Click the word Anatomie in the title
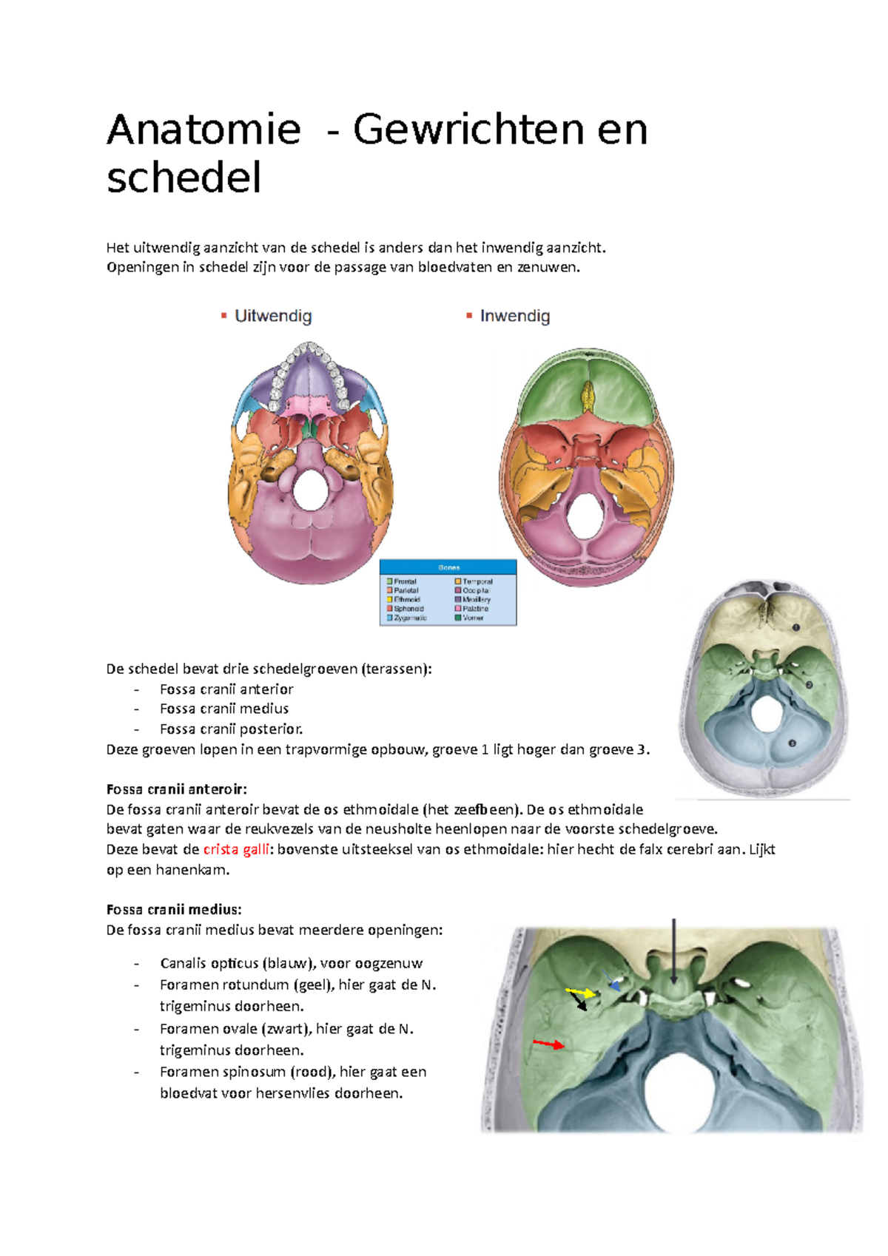pyautogui.click(x=203, y=130)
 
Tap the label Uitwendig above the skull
pyautogui.click(x=272, y=317)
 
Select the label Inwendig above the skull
pyautogui.click(x=514, y=317)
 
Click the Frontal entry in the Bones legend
pyautogui.click(x=405, y=581)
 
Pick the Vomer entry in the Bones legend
pyautogui.click(x=473, y=618)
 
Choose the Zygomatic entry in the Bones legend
pyautogui.click(x=409, y=618)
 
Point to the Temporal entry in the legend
pyautogui.click(x=477, y=581)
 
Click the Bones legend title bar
pyautogui.click(x=448, y=567)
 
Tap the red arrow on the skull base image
pyautogui.click(x=549, y=1044)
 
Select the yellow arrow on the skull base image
pyautogui.click(x=582, y=991)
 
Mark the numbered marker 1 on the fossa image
pyautogui.click(x=796, y=627)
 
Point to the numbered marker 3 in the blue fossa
pyautogui.click(x=792, y=743)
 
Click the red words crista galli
pyautogui.click(x=236, y=849)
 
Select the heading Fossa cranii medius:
pyautogui.click(x=174, y=909)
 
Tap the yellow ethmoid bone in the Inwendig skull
pyautogui.click(x=588, y=396)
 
